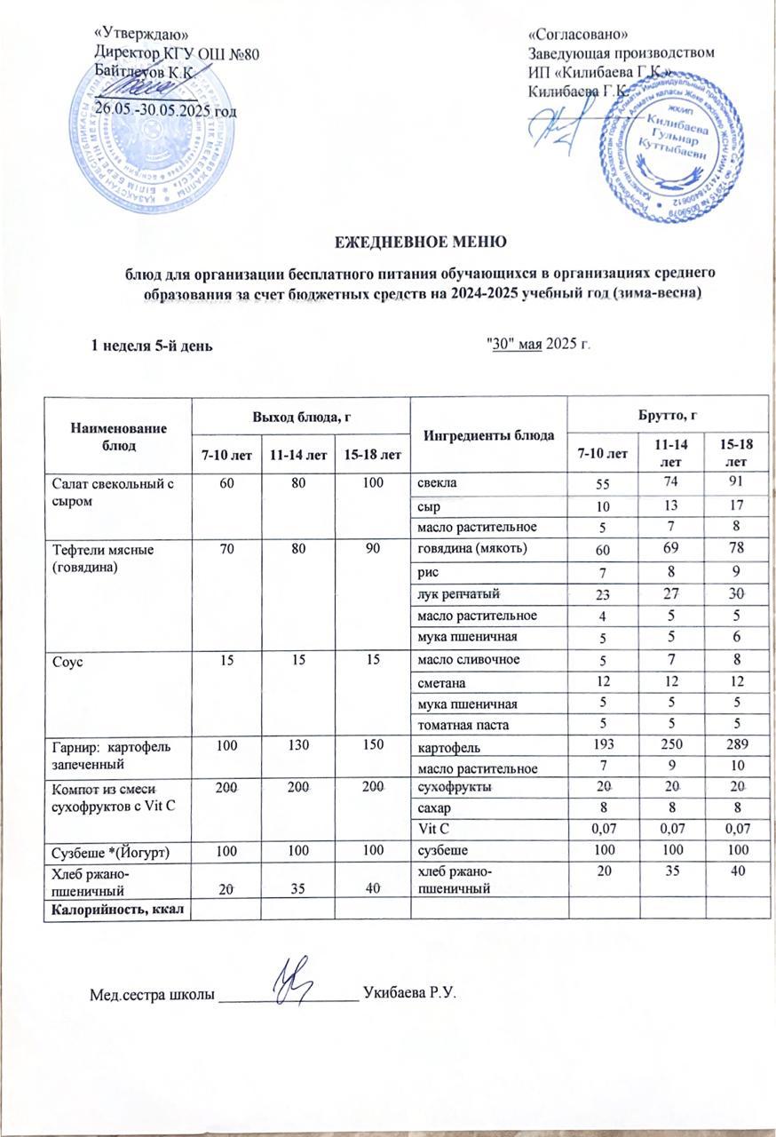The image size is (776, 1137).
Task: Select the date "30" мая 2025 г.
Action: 539,345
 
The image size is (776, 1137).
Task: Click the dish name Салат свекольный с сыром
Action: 104,491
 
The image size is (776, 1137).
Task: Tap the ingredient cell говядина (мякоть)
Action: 473,548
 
